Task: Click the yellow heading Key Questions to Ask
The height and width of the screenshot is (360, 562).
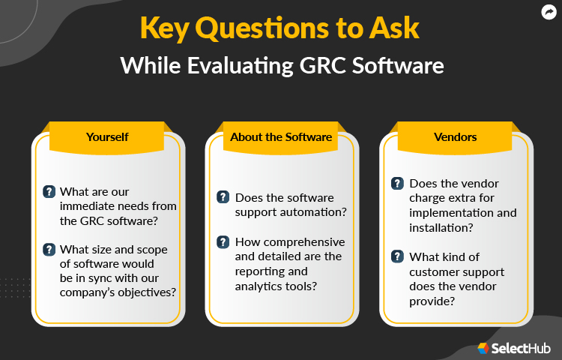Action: (x=280, y=28)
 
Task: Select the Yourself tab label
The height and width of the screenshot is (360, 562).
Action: (x=107, y=136)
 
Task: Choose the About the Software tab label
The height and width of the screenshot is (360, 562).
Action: (x=281, y=136)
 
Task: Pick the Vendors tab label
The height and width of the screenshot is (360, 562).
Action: (x=456, y=136)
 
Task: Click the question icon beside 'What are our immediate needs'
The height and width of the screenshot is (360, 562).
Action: (x=49, y=191)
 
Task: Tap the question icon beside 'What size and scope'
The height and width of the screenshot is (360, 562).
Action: (x=49, y=250)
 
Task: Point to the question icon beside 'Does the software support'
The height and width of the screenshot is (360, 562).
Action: (x=223, y=197)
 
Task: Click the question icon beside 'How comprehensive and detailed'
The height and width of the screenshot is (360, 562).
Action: (x=223, y=242)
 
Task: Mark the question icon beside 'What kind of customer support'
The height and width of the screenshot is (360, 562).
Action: (x=397, y=256)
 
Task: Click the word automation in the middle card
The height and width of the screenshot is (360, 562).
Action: (x=316, y=212)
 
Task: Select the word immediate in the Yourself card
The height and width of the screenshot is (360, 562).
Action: (x=91, y=205)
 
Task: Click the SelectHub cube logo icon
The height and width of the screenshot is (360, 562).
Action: (x=483, y=348)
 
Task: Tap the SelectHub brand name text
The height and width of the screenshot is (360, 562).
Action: (x=522, y=348)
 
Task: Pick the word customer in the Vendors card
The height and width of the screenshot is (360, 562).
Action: (x=436, y=271)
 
